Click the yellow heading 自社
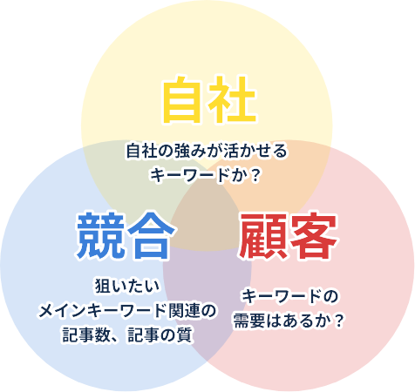(210, 99)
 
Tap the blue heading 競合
(126, 236)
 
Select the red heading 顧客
(288, 236)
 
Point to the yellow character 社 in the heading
(233, 99)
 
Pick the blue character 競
(99, 236)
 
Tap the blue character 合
(152, 236)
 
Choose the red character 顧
(262, 236)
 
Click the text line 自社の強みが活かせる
(207, 151)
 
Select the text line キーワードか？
(205, 175)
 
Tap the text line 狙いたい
(127, 286)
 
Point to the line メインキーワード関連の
(127, 311)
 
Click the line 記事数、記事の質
(127, 335)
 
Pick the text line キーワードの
(290, 296)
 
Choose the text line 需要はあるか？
(289, 321)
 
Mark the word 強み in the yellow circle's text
(181, 151)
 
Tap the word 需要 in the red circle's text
(249, 321)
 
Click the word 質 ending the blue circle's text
(185, 335)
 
